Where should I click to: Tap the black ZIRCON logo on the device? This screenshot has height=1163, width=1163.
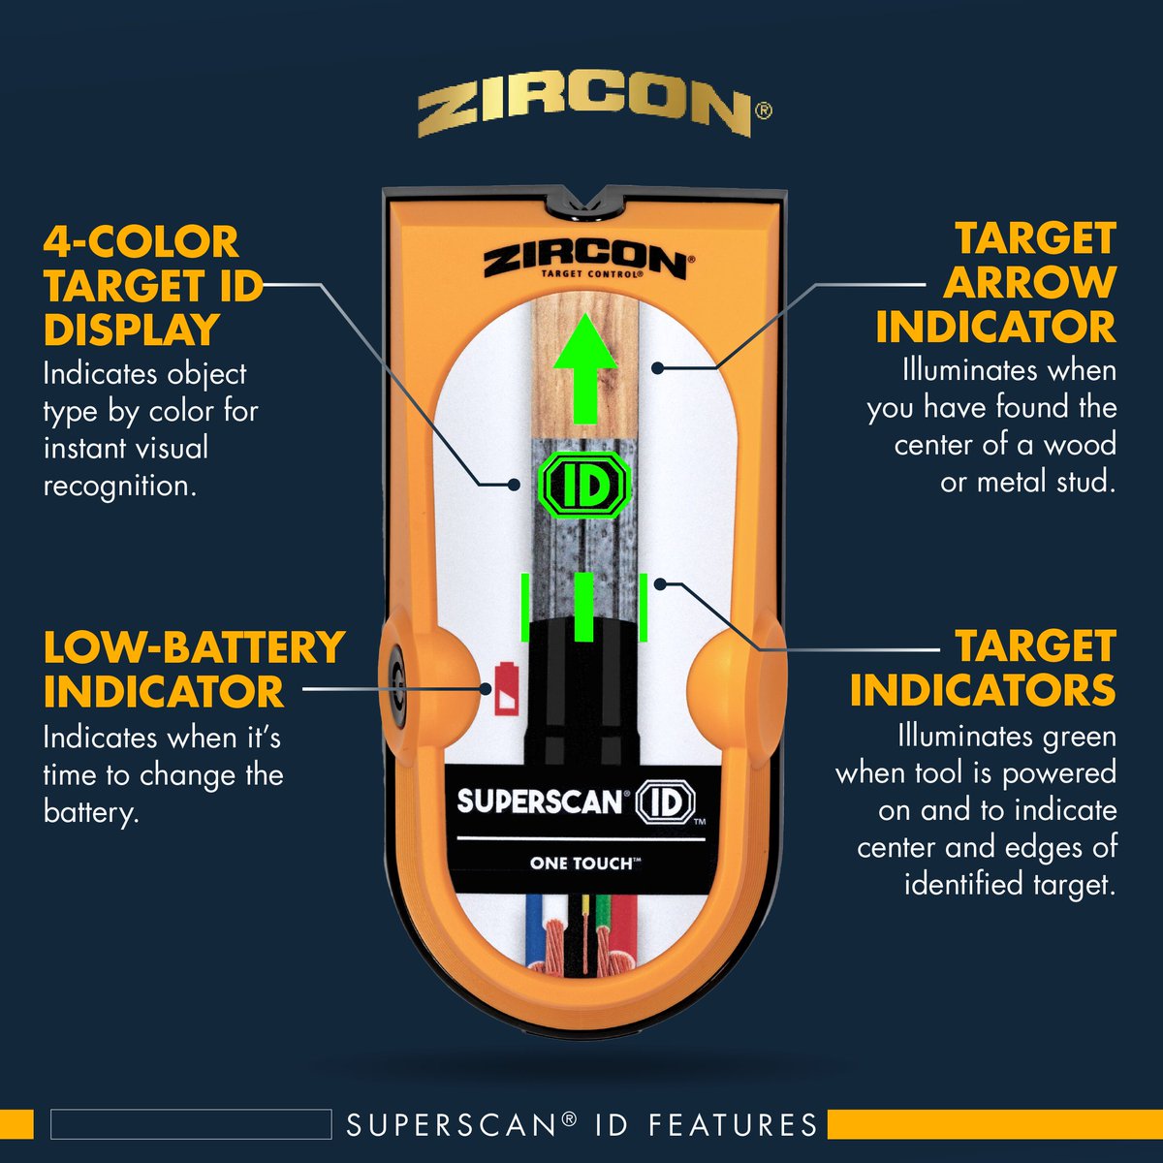pos(583,263)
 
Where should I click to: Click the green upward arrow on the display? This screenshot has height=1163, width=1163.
pos(584,368)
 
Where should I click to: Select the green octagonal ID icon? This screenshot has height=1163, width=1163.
pos(584,486)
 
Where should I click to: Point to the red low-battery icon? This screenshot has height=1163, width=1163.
pos(506,688)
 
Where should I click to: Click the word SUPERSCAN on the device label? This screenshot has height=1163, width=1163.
pos(539,801)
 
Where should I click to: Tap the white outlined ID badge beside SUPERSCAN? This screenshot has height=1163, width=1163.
pos(665,802)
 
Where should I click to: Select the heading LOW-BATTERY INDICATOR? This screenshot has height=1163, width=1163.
pos(194,670)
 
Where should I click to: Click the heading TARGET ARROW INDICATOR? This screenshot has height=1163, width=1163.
pos(996,282)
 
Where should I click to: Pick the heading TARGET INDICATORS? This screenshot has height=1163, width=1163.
pos(983,668)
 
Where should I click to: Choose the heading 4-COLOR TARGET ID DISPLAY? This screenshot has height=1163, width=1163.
pos(153,286)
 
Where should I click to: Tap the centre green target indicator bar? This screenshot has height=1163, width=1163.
pos(584,607)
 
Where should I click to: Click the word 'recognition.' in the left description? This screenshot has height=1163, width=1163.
pos(120,486)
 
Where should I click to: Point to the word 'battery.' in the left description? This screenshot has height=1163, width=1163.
pos(91,812)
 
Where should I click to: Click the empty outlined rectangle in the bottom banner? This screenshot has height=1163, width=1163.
pos(191,1124)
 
